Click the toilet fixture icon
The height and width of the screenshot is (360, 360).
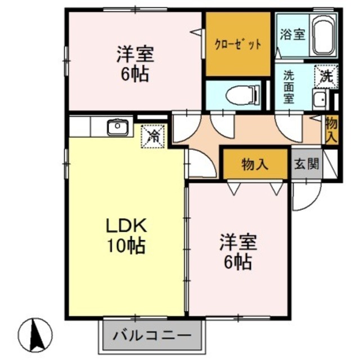(x=242, y=94)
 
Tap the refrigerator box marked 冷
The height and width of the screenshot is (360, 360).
(x=153, y=135)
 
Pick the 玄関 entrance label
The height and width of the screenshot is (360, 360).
(x=307, y=164)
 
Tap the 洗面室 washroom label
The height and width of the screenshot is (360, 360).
(x=289, y=86)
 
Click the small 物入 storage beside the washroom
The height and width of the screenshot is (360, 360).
(x=332, y=130)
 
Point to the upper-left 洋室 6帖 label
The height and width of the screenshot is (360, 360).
(x=135, y=64)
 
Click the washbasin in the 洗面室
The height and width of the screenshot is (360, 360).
(x=319, y=101)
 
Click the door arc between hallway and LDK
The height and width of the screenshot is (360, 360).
(x=198, y=163)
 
